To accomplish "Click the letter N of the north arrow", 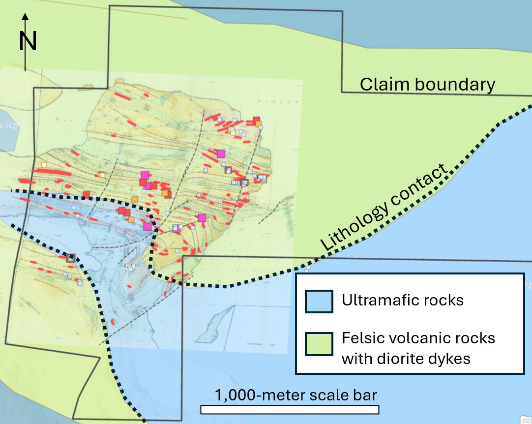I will [x=28, y=41].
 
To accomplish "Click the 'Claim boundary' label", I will [x=427, y=85].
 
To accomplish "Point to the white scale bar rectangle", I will [x=290, y=410].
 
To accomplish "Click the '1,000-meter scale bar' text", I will [x=296, y=395].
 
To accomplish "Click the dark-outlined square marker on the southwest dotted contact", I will [x=71, y=258].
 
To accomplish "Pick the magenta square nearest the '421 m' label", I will [x=147, y=226].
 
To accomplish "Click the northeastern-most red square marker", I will [x=256, y=120].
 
